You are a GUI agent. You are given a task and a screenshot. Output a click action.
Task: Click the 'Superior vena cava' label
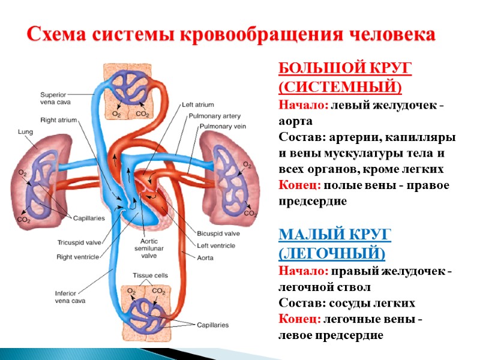point(56,98)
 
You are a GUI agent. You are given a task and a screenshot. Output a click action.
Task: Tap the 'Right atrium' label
point(58,120)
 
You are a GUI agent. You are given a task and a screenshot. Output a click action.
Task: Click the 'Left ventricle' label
point(215,245)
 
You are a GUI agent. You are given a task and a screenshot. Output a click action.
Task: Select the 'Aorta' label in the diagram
point(207,257)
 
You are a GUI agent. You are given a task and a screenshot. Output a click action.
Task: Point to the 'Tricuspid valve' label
point(76,243)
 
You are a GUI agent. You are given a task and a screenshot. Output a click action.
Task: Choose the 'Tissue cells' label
point(151,275)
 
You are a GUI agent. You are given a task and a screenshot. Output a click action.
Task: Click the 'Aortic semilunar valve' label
point(145,246)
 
